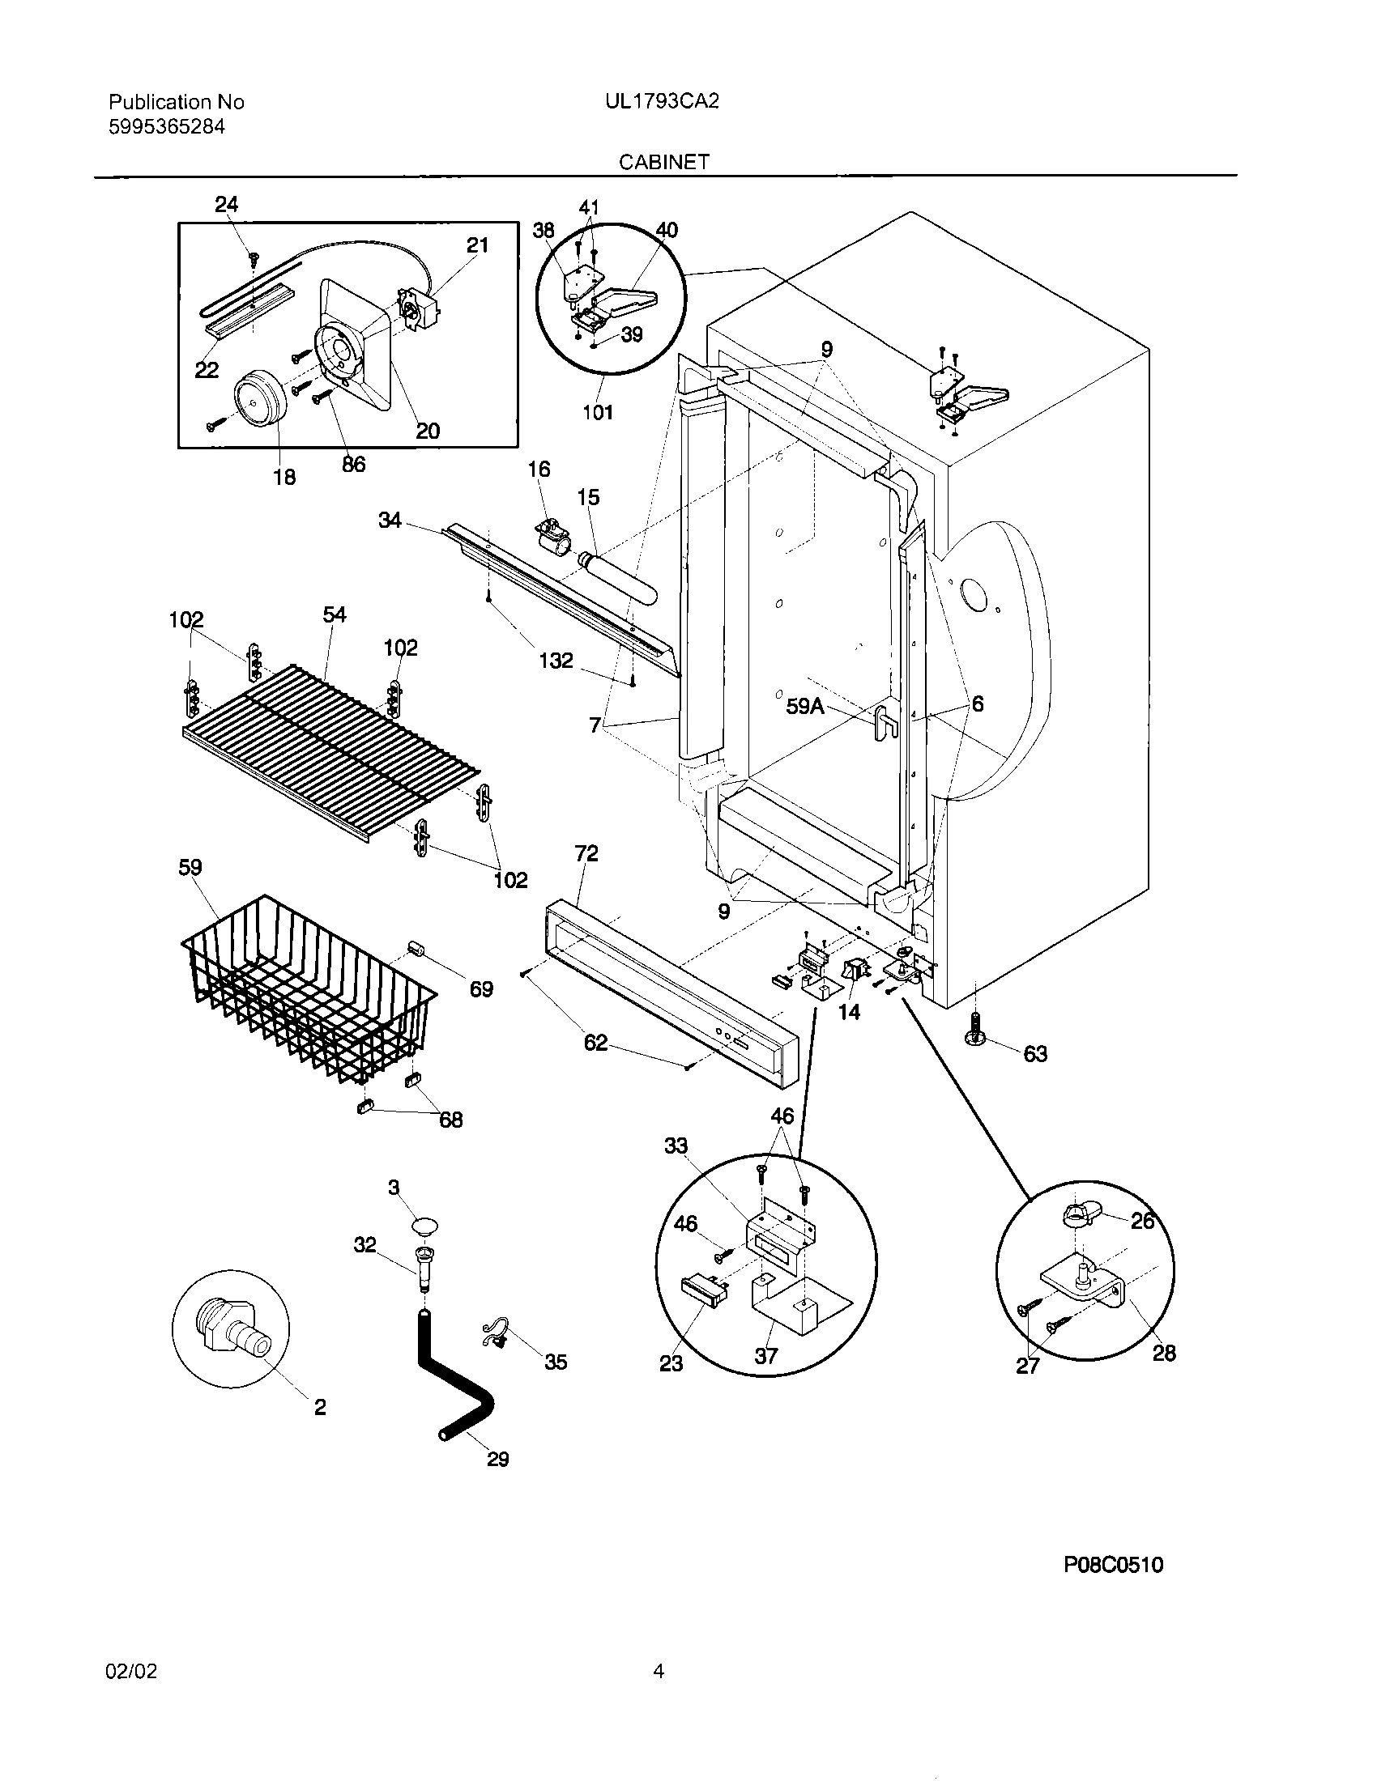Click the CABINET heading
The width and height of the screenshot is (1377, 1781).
pyautogui.click(x=663, y=161)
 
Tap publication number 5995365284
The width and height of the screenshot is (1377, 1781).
pyautogui.click(x=166, y=126)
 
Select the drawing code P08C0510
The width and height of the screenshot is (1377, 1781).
pyautogui.click(x=1113, y=1564)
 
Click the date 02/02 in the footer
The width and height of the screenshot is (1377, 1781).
pyautogui.click(x=130, y=1671)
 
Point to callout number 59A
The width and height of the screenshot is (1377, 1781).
pyautogui.click(x=804, y=707)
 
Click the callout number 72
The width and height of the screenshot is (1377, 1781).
pyautogui.click(x=586, y=853)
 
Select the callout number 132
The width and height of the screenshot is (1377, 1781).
pyautogui.click(x=556, y=661)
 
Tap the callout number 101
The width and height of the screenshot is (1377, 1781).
pyautogui.click(x=597, y=412)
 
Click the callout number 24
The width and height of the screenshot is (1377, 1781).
pyautogui.click(x=226, y=205)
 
